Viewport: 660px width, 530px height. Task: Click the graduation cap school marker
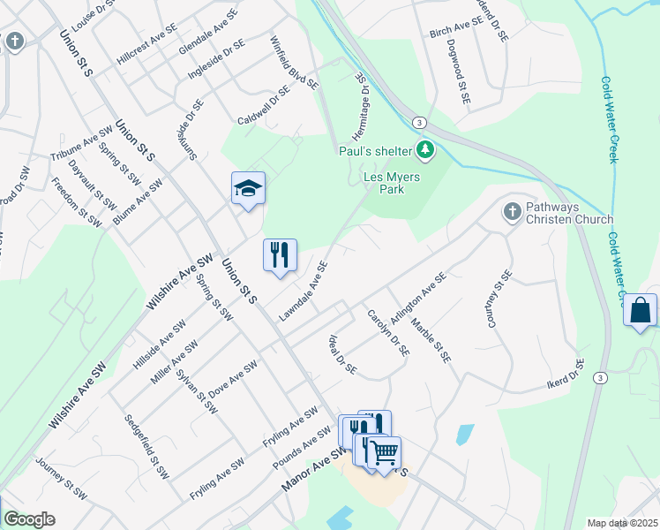click(249, 187)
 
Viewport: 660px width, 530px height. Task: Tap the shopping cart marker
click(384, 453)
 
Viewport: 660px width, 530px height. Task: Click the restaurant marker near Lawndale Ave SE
click(280, 255)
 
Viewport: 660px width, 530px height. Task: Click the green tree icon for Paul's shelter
click(426, 150)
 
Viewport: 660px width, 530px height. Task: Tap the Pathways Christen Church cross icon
click(511, 212)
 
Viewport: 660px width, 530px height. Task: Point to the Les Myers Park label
click(393, 183)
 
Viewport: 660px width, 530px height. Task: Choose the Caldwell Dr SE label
click(264, 107)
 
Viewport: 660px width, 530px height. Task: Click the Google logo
click(29, 519)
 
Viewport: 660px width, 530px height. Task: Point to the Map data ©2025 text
click(622, 523)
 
